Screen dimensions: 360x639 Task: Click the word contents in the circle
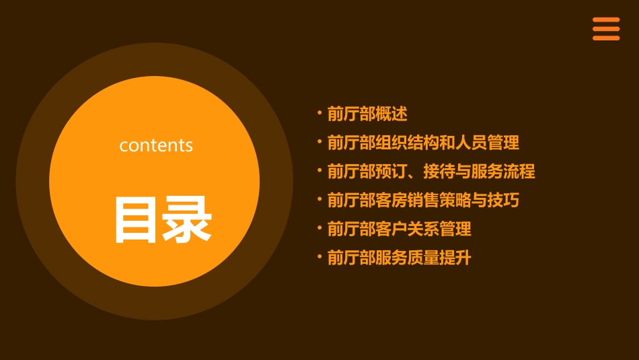pos(156,145)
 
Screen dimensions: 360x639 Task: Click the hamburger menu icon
pos(606,29)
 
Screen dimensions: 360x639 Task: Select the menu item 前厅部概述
pos(367,114)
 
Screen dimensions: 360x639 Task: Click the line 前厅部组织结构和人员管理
pos(423,143)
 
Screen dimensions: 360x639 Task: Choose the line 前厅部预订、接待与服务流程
pos(431,172)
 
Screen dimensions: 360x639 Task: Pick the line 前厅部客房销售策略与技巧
pos(423,200)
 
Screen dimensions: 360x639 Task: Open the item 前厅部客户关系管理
pos(399,229)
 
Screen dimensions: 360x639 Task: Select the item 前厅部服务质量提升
pos(399,258)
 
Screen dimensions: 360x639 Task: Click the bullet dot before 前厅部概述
pos(319,112)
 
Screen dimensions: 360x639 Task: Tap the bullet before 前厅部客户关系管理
pos(319,227)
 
